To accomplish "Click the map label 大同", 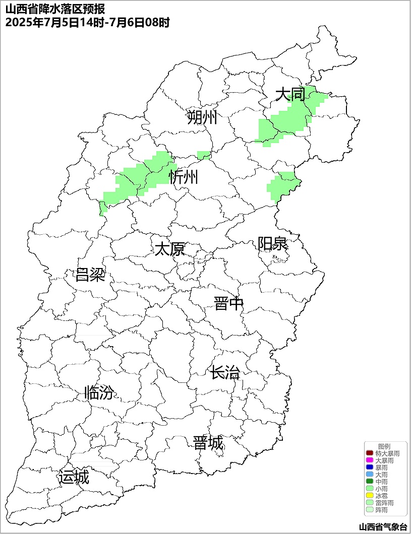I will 290,94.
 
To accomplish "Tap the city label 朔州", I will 202,117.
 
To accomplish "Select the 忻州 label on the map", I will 184,177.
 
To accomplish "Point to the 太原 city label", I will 169,249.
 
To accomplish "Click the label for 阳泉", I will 272,244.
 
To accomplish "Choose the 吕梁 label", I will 90,275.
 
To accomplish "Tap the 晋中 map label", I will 228,304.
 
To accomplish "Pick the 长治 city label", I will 225,373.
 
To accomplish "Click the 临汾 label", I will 99,392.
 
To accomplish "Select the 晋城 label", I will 208,443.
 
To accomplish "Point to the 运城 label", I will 74,477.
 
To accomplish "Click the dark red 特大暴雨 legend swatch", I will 369,454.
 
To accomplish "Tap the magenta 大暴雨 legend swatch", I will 369,461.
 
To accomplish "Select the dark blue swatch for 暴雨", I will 369,468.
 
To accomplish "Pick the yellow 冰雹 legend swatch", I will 369,496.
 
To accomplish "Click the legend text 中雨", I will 381,482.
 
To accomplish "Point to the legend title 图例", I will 384,447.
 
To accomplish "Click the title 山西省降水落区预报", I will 55,10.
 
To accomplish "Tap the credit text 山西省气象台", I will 382,527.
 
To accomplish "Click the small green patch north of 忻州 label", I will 204,155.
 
